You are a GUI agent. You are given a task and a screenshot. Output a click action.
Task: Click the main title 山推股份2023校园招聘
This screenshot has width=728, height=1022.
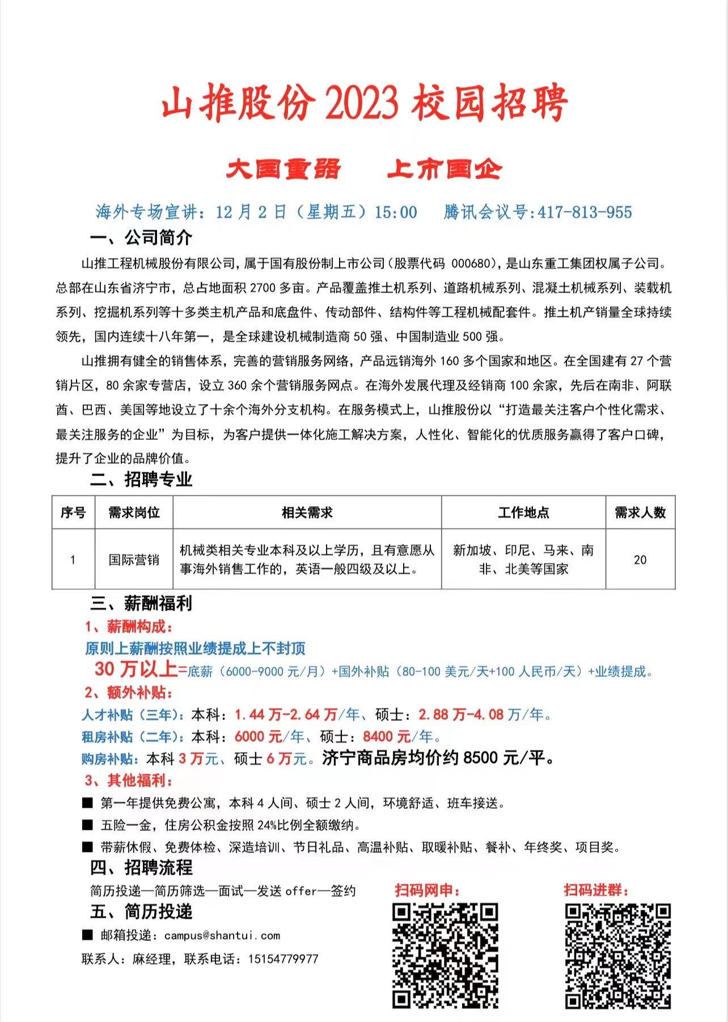click(x=364, y=103)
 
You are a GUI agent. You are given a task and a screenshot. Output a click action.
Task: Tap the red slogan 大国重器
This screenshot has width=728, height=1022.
click(x=283, y=169)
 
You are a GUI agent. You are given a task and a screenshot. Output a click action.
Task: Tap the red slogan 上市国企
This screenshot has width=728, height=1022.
click(x=445, y=169)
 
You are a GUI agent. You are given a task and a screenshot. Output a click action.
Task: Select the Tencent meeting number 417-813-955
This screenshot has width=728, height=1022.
click(x=585, y=213)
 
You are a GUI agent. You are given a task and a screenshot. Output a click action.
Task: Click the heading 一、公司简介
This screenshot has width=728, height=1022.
click(x=141, y=238)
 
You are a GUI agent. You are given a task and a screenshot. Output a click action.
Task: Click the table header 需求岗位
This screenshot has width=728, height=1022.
click(x=134, y=513)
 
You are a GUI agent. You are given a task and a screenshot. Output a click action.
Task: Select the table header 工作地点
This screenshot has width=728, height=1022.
click(x=523, y=513)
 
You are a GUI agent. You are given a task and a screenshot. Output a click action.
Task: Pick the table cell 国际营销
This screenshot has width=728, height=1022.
click(x=134, y=560)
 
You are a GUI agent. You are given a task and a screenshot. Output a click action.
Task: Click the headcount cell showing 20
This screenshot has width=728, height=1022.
click(x=640, y=560)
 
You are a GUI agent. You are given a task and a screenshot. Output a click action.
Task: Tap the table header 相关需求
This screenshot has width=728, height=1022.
click(x=307, y=513)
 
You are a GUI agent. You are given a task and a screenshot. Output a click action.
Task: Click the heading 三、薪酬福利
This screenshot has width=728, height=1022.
click(x=141, y=604)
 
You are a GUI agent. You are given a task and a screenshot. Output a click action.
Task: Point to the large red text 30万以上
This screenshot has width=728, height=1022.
click(x=136, y=669)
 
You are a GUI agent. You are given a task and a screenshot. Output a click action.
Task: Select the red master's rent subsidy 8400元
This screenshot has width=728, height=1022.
click(x=387, y=737)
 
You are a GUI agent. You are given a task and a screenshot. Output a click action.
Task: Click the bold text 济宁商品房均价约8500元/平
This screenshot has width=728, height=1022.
click(x=438, y=758)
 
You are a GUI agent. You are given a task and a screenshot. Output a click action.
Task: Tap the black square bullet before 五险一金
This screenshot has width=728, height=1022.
click(x=87, y=825)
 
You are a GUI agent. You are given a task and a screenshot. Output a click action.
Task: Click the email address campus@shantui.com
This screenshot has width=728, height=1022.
click(x=222, y=936)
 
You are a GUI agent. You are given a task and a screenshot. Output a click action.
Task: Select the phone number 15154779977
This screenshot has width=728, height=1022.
click(x=283, y=959)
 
